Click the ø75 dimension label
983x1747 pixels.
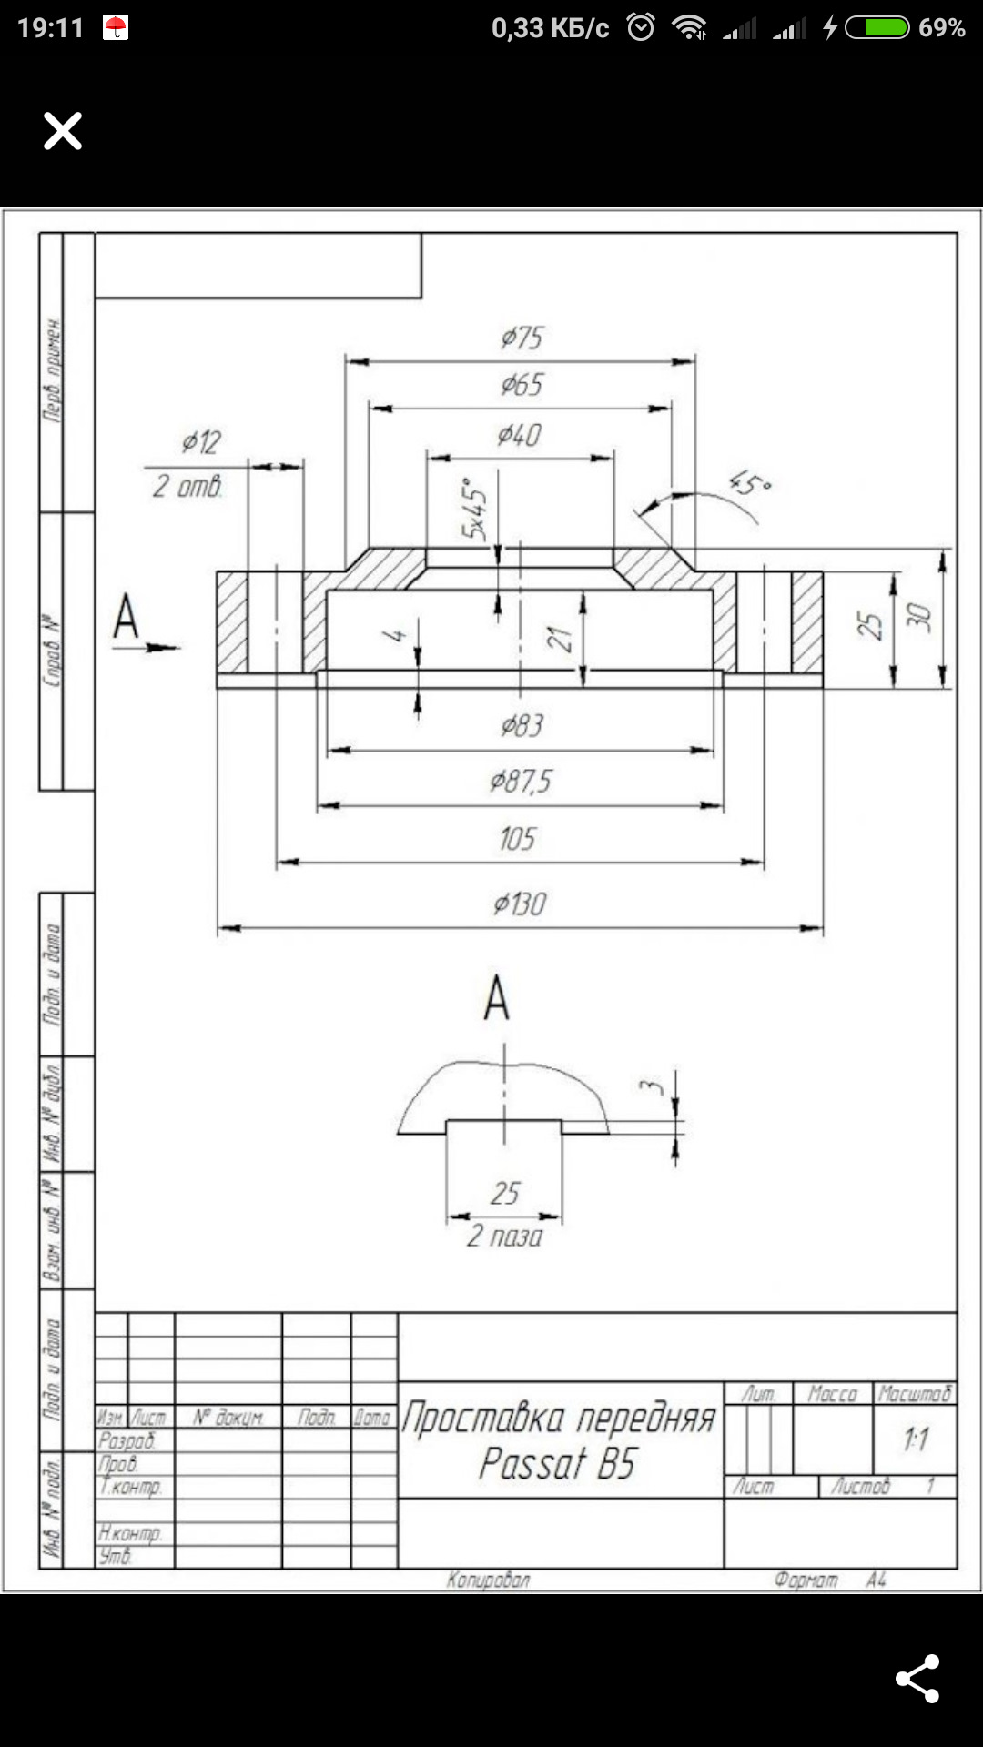tap(522, 338)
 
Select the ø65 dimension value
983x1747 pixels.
tap(522, 385)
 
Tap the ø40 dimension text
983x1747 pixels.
tap(519, 436)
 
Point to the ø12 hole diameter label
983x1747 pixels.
tap(201, 442)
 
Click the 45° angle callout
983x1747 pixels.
tap(751, 483)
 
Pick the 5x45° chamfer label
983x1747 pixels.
tap(473, 510)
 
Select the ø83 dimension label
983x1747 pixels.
tap(522, 726)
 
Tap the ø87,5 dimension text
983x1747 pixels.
tap(520, 782)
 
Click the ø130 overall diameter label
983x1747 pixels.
tap(520, 904)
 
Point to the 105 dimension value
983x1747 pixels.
tap(517, 839)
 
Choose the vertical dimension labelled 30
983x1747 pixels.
tap(920, 618)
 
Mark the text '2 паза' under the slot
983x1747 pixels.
tap(504, 1237)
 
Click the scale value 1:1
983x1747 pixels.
tap(916, 1439)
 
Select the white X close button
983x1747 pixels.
tap(63, 131)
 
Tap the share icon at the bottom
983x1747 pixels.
tap(917, 1679)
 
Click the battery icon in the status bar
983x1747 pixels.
tap(877, 28)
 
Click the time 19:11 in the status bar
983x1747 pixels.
tap(50, 28)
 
